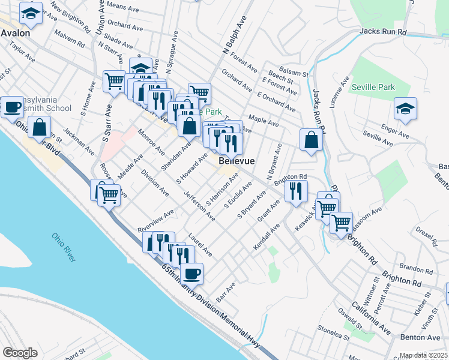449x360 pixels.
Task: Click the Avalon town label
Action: [15, 33]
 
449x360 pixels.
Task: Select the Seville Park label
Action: [373, 87]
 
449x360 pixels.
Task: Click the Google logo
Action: [20, 352]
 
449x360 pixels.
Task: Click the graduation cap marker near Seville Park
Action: [406, 109]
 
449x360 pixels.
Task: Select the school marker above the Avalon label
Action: [31, 12]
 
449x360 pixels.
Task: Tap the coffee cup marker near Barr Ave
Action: [191, 274]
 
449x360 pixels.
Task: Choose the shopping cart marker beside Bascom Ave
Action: [341, 222]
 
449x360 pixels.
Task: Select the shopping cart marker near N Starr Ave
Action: [114, 81]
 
